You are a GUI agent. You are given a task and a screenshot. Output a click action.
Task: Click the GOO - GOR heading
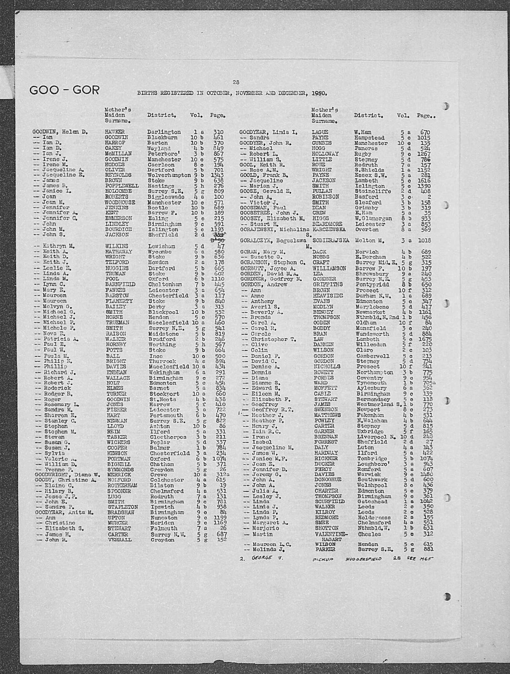pyautogui.click(x=64, y=90)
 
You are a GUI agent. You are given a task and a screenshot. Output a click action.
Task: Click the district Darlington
pyautogui.click(x=164, y=132)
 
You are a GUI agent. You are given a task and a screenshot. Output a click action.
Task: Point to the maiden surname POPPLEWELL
pyautogui.click(x=118, y=186)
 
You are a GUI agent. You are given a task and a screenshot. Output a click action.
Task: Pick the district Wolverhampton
pyautogui.click(x=169, y=175)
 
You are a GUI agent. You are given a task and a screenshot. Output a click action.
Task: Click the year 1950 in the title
pyautogui.click(x=319, y=93)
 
